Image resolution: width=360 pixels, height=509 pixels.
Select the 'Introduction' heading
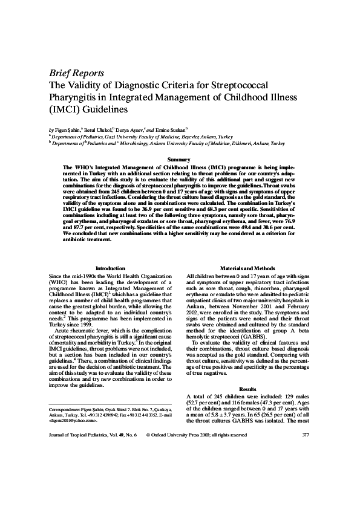click(111, 268)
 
